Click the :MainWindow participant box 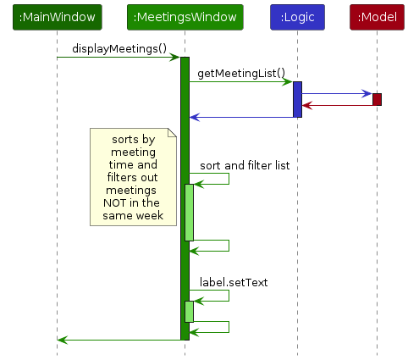click(57, 17)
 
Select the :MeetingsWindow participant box click(185, 17)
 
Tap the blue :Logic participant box click(297, 17)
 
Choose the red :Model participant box click(376, 17)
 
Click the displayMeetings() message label click(119, 48)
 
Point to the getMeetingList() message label click(241, 74)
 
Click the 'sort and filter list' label click(245, 165)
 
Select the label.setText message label click(234, 281)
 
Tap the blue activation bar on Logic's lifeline click(297, 99)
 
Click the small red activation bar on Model click(377, 99)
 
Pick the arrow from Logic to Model click(337, 93)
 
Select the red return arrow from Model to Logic click(337, 106)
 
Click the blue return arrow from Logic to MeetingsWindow click(242, 117)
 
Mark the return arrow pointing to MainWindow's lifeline click(119, 340)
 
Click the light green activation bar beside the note click(190, 212)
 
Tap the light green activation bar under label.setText click(190, 311)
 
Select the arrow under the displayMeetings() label click(119, 58)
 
